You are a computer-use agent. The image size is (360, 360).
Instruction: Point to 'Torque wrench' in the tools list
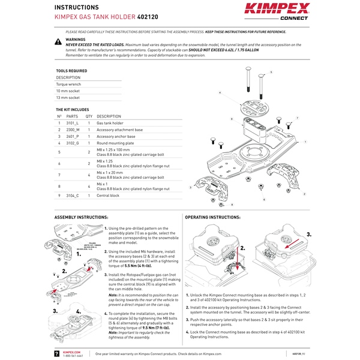tap(69, 84)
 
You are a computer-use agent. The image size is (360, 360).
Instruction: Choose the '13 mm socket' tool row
tap(68, 97)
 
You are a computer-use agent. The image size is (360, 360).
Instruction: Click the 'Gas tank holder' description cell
tap(110, 122)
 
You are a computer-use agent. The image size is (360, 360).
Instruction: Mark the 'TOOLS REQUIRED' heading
tap(71, 71)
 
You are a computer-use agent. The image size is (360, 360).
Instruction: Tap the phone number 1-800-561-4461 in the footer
tap(73, 356)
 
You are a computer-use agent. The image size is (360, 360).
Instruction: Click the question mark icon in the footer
tap(57, 354)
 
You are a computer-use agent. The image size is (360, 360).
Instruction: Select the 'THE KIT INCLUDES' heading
tap(72, 110)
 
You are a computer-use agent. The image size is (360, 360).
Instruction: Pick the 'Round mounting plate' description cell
tap(114, 143)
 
